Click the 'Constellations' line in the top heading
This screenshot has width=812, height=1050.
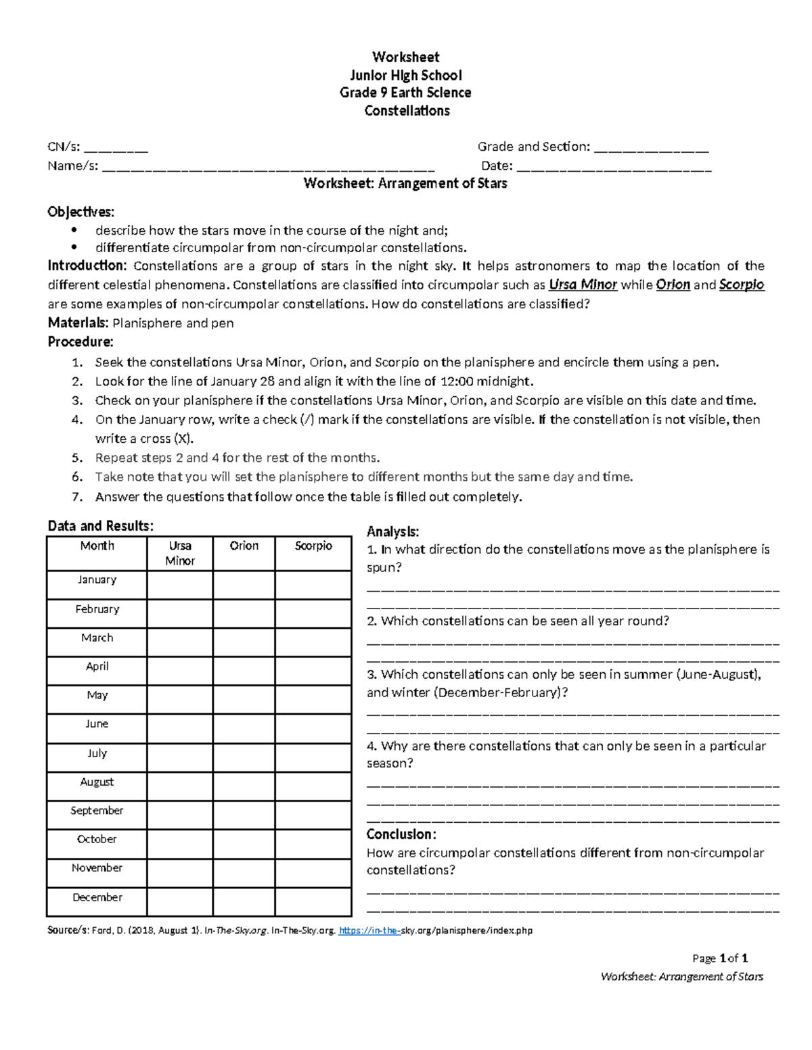pyautogui.click(x=407, y=111)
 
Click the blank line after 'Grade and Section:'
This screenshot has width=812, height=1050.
pyautogui.click(x=651, y=148)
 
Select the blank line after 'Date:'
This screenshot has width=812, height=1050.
pyautogui.click(x=613, y=167)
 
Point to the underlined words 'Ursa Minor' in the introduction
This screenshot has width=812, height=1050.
pyautogui.click(x=583, y=285)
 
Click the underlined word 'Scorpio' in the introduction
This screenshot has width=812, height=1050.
pyautogui.click(x=741, y=285)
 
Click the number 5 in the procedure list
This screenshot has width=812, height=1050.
pyautogui.click(x=77, y=458)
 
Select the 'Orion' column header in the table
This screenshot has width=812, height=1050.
pyautogui.click(x=244, y=546)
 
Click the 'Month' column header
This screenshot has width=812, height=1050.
pyautogui.click(x=97, y=546)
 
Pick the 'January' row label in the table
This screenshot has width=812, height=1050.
pyautogui.click(x=97, y=580)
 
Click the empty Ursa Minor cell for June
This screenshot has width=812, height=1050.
pyautogui.click(x=179, y=729)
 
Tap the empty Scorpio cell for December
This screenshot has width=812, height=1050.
pyautogui.click(x=313, y=902)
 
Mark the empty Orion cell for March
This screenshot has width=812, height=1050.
pyautogui.click(x=244, y=642)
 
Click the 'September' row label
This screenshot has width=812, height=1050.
pyautogui.click(x=97, y=811)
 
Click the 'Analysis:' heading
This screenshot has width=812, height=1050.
pyautogui.click(x=392, y=532)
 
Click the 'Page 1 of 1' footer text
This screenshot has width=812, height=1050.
pyautogui.click(x=720, y=958)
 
